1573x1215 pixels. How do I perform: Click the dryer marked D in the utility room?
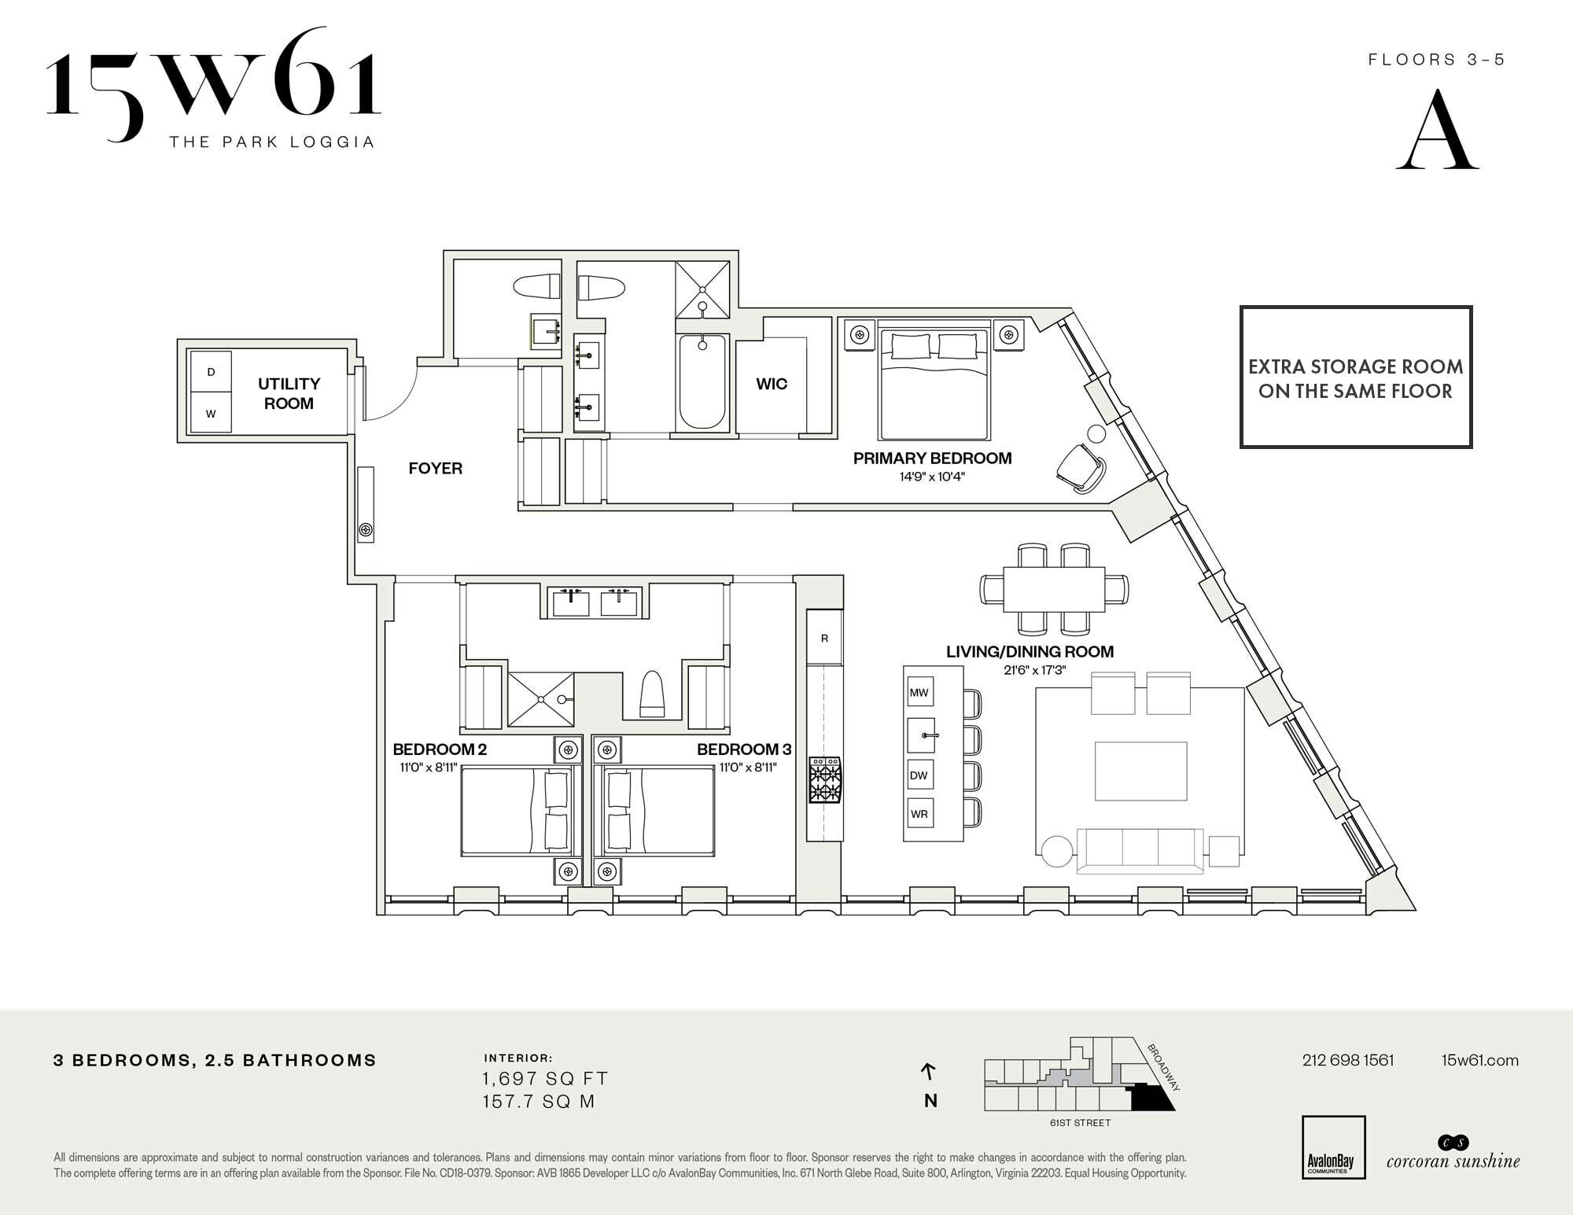pos(211,371)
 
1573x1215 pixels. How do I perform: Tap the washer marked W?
pos(211,412)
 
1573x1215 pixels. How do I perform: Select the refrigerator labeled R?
pos(824,638)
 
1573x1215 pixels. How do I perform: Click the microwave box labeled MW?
pos(919,693)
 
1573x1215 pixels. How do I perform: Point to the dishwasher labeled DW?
pos(919,775)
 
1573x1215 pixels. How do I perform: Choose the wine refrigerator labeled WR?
pos(919,814)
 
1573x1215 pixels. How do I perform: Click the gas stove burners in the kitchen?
pos(825,779)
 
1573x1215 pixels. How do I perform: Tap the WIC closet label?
pos(772,384)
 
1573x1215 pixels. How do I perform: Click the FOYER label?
pos(436,468)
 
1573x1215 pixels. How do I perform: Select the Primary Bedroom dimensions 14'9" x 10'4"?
pos(932,477)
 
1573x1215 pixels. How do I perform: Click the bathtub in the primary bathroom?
pos(702,381)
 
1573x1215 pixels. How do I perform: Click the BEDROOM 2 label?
pos(440,749)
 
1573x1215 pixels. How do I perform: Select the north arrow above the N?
pos(929,1071)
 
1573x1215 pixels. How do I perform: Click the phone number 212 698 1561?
pos(1348,1060)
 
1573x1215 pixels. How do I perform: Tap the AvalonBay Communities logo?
pos(1334,1147)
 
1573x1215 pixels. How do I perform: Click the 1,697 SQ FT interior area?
pos(546,1078)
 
